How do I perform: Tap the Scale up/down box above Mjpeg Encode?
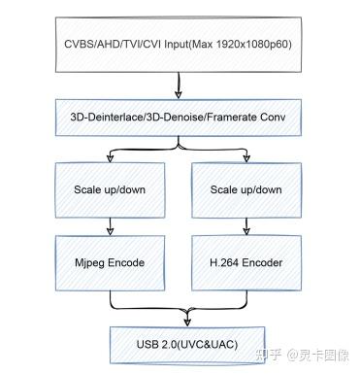[110, 189]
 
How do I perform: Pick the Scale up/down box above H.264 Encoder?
[245, 189]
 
